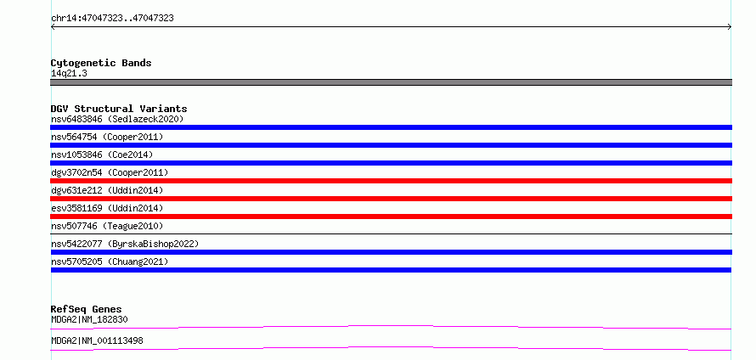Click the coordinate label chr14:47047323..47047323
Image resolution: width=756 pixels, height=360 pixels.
pyautogui.click(x=112, y=19)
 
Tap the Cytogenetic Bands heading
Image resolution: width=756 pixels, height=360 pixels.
pyautogui.click(x=101, y=63)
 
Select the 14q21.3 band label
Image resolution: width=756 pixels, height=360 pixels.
pyautogui.click(x=69, y=74)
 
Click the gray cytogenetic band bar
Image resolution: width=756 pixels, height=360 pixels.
pyautogui.click(x=391, y=82)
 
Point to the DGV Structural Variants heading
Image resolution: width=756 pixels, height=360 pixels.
pyautogui.click(x=119, y=109)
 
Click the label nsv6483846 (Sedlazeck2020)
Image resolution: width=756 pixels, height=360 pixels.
pyautogui.click(x=117, y=119)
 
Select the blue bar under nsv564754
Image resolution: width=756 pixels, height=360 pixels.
pyautogui.click(x=391, y=145)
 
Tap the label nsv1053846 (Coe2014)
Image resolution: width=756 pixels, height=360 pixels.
pyautogui.click(x=102, y=155)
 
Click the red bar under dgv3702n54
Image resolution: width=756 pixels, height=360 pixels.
pyautogui.click(x=391, y=181)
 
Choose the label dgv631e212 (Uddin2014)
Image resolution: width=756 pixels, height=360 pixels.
pyautogui.click(x=107, y=190)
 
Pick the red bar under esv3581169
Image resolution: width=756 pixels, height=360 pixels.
pyautogui.click(x=391, y=217)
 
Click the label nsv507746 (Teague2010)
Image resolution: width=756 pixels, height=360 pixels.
pyautogui.click(x=107, y=226)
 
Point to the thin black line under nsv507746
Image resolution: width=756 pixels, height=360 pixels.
pyautogui.click(x=391, y=233)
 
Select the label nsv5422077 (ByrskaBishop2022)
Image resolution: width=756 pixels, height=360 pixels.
pyautogui.click(x=125, y=244)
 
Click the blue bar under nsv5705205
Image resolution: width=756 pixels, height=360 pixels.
pyautogui.click(x=391, y=270)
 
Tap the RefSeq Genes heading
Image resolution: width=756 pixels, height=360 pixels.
pyautogui.click(x=87, y=309)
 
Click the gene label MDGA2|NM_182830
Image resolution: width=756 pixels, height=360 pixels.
pyautogui.click(x=89, y=319)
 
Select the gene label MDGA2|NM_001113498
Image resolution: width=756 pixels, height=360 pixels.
pyautogui.click(x=97, y=341)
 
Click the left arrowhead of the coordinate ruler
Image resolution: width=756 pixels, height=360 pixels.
pyautogui.click(x=53, y=27)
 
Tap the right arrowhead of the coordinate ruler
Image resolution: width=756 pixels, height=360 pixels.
pyautogui.click(x=730, y=27)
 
